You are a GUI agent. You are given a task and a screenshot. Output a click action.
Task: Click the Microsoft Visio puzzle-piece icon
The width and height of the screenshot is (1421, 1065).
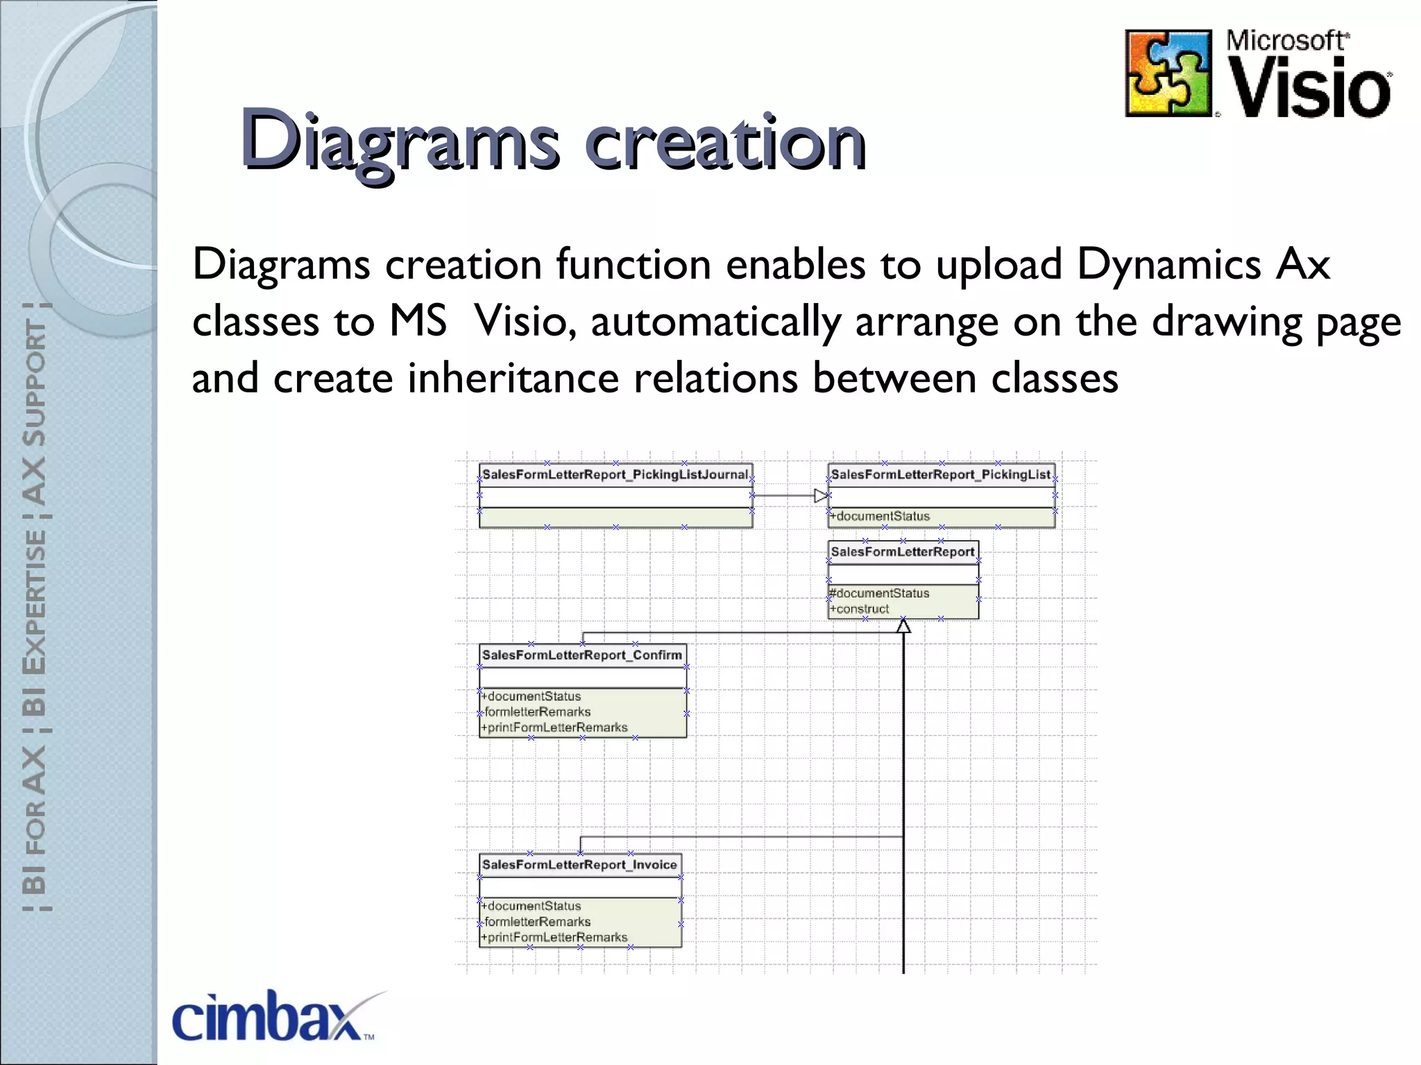click(x=1168, y=73)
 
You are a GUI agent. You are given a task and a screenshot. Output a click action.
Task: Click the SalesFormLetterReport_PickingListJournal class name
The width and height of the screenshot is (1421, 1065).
click(x=615, y=475)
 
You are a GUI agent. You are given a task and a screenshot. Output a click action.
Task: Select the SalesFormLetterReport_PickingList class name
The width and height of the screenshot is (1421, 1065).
click(x=941, y=475)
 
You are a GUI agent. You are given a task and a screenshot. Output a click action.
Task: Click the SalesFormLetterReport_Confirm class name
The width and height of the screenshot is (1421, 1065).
click(x=582, y=655)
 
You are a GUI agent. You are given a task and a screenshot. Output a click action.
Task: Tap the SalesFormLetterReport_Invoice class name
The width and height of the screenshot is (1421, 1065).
click(x=579, y=865)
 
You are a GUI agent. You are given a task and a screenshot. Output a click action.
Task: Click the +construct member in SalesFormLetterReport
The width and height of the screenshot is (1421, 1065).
click(x=861, y=609)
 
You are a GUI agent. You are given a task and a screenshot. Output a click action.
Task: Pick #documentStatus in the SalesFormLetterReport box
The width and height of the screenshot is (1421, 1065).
click(x=880, y=594)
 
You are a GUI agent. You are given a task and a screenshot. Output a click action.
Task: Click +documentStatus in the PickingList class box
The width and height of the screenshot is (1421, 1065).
click(x=880, y=517)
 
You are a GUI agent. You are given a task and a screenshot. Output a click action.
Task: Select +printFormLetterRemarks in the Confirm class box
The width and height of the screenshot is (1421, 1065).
click(x=555, y=728)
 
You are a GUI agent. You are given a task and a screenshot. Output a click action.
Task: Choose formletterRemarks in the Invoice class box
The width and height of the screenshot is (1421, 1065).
click(x=537, y=922)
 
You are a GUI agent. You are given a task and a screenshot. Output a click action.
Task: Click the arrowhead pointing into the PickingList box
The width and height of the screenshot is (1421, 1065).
click(x=822, y=496)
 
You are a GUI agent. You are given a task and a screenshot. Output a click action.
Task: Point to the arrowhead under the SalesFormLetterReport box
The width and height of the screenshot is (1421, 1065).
click(x=903, y=626)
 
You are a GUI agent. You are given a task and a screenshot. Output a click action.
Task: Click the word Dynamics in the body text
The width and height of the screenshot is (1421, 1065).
click(x=1168, y=265)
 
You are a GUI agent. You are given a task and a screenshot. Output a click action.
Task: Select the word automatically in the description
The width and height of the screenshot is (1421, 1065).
click(x=716, y=322)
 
